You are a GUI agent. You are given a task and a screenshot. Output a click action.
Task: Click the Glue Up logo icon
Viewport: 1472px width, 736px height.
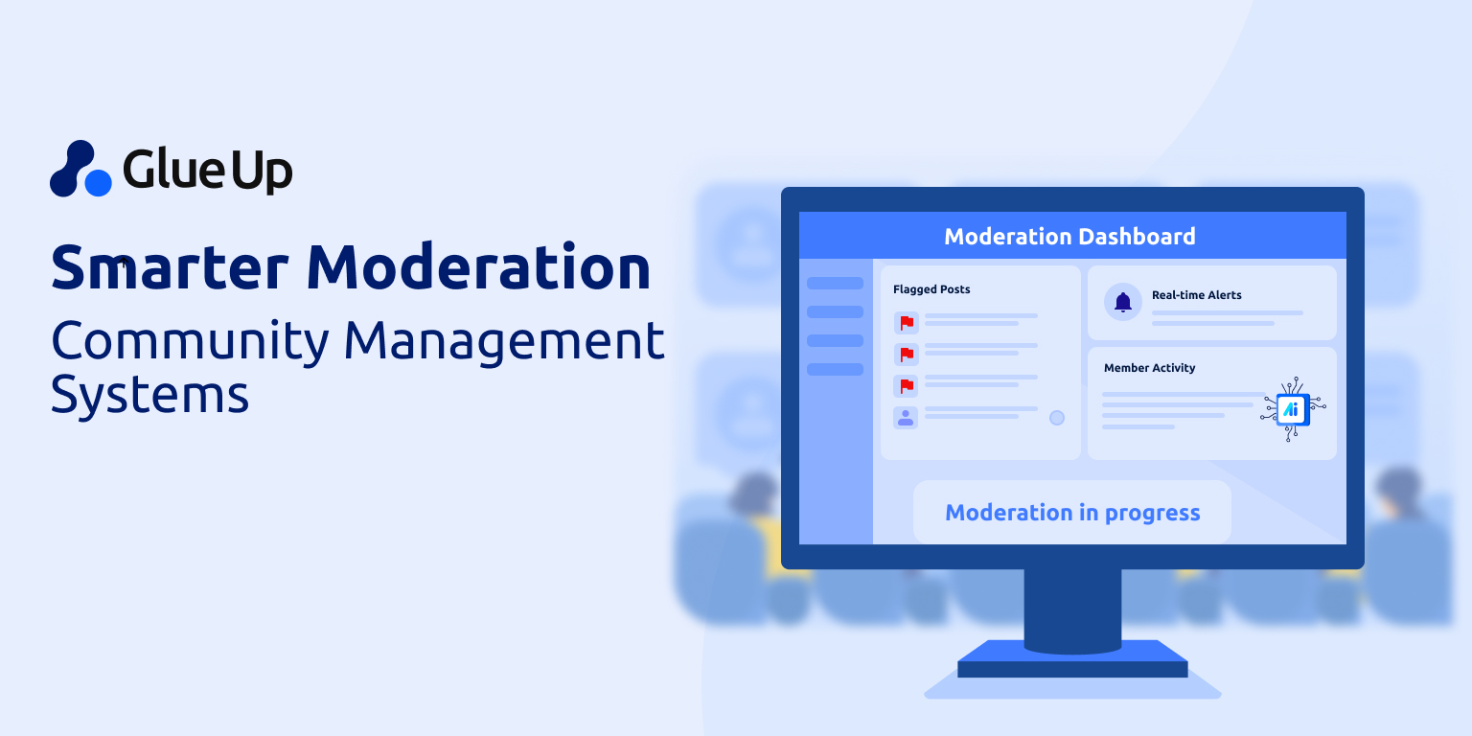[80, 169]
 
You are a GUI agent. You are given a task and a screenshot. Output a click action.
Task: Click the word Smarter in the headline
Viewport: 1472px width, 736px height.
[170, 267]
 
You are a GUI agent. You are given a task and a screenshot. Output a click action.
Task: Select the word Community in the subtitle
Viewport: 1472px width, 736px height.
[190, 342]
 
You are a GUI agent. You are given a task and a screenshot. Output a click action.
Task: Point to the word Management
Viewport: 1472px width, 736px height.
[504, 342]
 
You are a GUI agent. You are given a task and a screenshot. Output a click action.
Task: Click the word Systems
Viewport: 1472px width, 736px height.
[149, 395]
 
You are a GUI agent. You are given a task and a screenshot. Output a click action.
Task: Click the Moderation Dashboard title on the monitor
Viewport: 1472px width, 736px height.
[1069, 237]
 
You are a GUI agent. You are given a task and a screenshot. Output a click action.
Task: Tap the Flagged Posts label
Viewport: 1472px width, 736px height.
[931, 289]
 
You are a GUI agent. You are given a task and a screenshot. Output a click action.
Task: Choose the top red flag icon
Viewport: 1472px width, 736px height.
[907, 323]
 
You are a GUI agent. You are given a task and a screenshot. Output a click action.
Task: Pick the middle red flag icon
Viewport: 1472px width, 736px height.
[907, 355]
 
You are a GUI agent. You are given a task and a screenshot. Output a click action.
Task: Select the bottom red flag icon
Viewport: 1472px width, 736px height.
[907, 386]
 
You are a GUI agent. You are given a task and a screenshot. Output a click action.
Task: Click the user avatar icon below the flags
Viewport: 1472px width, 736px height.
[906, 417]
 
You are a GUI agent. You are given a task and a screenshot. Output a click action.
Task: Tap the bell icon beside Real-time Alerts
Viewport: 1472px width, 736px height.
[1123, 302]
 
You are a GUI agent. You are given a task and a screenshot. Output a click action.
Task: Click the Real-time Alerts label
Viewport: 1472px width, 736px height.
[1197, 295]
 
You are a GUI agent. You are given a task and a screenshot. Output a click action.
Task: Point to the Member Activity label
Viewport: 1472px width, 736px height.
[1149, 368]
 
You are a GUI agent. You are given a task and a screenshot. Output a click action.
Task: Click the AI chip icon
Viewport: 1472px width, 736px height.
[1293, 409]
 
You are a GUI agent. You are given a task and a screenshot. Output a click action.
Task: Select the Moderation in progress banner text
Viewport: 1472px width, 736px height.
[1072, 513]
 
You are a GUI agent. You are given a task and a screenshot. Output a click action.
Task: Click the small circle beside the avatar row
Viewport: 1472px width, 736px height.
[1057, 418]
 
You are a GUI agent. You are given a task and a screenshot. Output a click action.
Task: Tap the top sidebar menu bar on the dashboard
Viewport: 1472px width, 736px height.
[835, 284]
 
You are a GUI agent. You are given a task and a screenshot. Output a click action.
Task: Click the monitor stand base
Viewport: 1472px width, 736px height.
[1072, 659]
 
